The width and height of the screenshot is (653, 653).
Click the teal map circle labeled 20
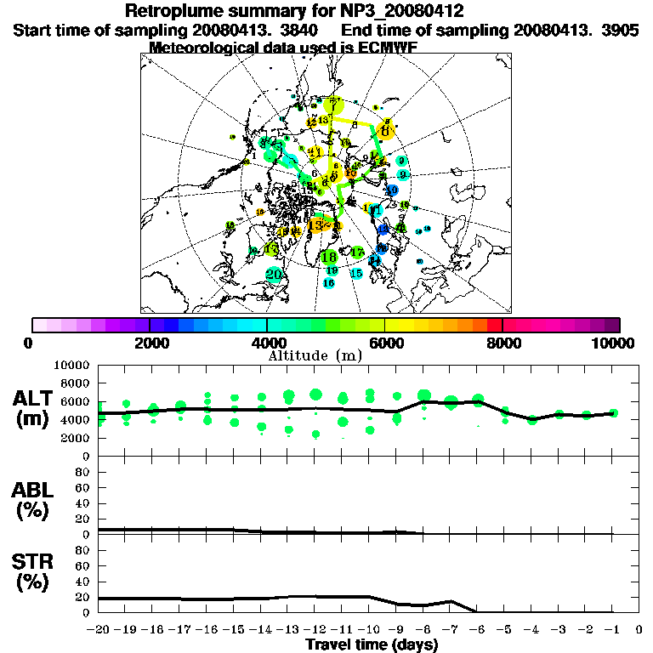274,275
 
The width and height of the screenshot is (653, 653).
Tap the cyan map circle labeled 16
329,282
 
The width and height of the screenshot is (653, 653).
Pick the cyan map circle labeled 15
357,274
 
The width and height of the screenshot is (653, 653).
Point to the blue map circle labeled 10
392,190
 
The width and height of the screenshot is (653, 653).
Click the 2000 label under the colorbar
150,343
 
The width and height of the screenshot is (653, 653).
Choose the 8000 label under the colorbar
503,343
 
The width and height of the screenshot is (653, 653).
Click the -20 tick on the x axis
99,630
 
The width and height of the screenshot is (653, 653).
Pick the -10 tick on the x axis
369,630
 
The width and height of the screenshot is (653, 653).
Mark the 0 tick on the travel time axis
639,630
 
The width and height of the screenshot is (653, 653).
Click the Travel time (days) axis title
372,645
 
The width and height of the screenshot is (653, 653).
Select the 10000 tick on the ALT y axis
71,365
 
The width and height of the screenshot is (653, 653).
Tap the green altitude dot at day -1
613,413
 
